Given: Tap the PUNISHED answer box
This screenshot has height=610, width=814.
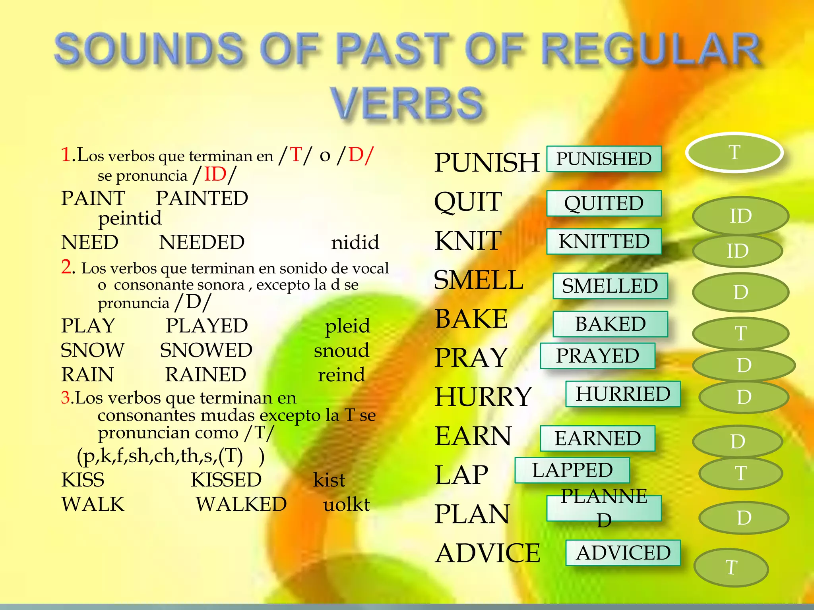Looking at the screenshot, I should tap(604, 159).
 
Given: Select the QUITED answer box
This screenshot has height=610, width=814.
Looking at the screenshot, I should tap(604, 203).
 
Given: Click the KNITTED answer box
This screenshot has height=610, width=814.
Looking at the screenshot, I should tap(604, 241).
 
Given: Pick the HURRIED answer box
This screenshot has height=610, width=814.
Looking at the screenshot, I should tap(623, 394).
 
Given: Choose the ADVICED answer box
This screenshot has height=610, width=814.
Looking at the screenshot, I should tap(623, 553).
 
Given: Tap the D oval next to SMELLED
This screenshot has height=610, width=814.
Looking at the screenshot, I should tap(740, 292).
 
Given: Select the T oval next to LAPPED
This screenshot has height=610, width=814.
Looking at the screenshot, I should tap(740, 473).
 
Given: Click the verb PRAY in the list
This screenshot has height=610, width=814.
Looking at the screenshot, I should tap(471, 357).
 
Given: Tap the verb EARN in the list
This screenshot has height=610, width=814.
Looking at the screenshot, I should tap(473, 436).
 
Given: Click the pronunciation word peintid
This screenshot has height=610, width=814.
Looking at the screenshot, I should tap(130, 218).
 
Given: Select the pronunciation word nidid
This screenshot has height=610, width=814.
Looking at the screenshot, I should tap(355, 242).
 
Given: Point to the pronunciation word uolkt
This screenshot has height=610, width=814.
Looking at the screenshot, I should tap(346, 504).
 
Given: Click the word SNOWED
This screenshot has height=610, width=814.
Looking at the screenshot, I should tap(206, 350).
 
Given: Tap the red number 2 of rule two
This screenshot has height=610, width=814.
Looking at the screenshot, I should tap(67, 267).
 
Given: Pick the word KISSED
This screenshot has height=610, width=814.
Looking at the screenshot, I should tap(226, 480).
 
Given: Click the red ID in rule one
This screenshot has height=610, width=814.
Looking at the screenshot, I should tap(215, 174).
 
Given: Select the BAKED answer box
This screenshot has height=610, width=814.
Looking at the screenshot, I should tap(610, 324).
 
